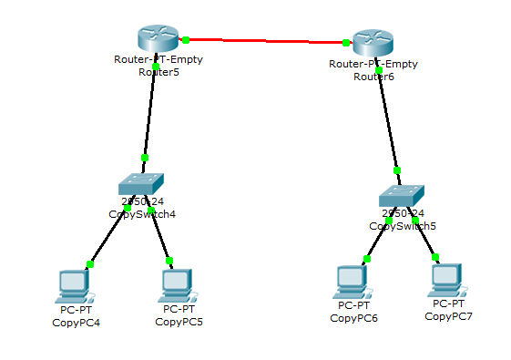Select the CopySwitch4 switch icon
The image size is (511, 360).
click(145, 185)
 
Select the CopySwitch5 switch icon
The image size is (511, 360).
click(402, 195)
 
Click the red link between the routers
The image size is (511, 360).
click(264, 40)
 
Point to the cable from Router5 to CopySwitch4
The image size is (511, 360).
click(150, 114)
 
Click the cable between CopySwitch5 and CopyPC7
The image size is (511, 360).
click(424, 239)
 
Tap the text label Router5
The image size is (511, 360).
click(158, 72)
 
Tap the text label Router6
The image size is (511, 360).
click(373, 77)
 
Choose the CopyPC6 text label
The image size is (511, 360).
click(353, 318)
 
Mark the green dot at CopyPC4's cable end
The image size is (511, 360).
click(90, 264)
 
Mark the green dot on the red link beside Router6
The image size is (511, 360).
click(346, 42)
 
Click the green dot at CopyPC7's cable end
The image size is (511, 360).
click(435, 257)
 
